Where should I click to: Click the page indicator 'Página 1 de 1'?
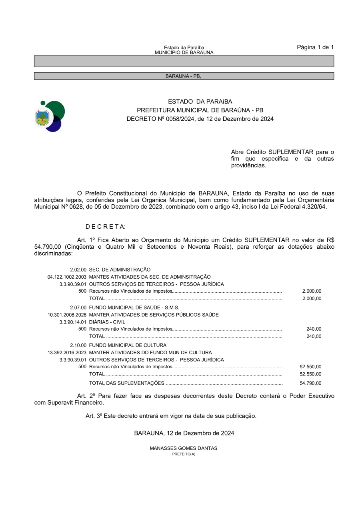tap(315, 47)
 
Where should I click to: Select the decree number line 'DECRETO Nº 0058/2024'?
tap(200, 119)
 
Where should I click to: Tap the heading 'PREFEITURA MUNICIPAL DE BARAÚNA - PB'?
tap(200, 110)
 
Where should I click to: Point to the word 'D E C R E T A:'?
tap(106, 227)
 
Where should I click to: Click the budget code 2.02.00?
tap(78, 269)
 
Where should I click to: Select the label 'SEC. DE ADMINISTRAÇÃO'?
tap(120, 269)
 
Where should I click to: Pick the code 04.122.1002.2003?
tap(67, 277)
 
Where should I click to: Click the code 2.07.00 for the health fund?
tap(78, 307)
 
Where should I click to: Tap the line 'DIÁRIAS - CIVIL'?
tap(107, 322)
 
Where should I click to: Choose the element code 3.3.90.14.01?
tap(73, 322)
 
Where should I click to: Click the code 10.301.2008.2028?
tap(67, 315)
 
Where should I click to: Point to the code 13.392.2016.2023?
tap(67, 352)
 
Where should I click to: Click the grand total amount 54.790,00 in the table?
tap(310, 383)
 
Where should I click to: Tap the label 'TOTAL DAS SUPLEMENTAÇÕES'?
tap(126, 383)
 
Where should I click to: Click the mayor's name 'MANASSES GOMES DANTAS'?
tap(184, 448)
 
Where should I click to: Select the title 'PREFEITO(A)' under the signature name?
tap(184, 454)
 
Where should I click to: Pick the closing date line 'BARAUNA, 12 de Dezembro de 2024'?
tap(184, 433)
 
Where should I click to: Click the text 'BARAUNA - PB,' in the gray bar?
tap(184, 76)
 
